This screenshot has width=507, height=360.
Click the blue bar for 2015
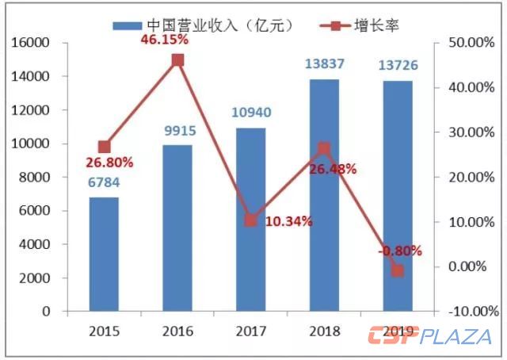pos(104,254)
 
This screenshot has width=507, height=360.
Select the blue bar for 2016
pos(177,228)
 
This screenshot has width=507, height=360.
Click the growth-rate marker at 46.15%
pos(177,60)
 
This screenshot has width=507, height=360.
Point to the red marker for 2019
pos(398,271)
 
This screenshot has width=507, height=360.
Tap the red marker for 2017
pos(251,220)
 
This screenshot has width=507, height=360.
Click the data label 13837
pos(323,67)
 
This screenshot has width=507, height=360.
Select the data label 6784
pos(104,186)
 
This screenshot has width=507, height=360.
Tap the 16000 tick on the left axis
pos(32,43)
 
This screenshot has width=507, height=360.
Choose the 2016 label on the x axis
pos(177,329)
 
